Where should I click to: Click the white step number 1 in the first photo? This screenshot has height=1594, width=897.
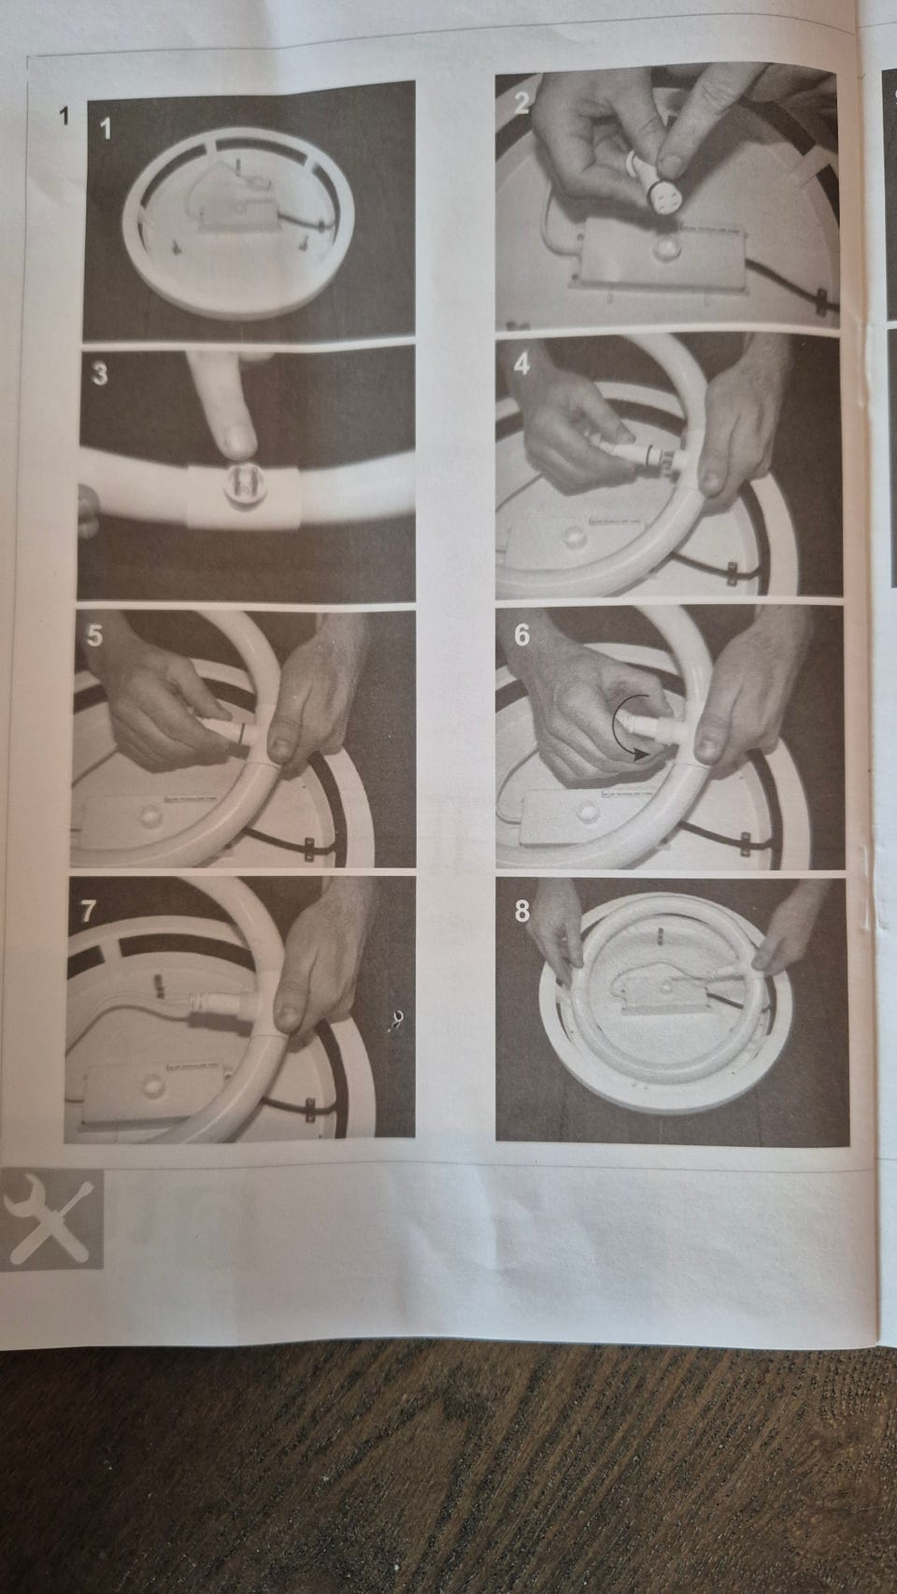[x=106, y=129]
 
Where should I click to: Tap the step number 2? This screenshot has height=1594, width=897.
[x=521, y=103]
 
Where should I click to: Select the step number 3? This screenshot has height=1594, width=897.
[x=100, y=374]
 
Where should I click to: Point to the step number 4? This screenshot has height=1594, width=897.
[x=521, y=365]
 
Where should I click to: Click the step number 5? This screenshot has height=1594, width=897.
[x=93, y=636]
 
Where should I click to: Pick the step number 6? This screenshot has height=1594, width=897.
[x=521, y=635]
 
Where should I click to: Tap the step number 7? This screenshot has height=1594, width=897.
[x=88, y=912]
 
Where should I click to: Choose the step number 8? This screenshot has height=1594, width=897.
[x=522, y=911]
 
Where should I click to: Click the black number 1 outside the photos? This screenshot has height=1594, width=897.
[x=64, y=115]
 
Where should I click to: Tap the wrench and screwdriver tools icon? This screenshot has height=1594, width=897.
[x=51, y=1220]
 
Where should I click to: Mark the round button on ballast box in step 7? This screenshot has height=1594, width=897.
[x=150, y=1086]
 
